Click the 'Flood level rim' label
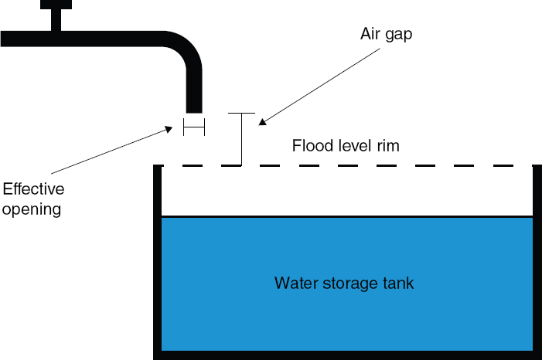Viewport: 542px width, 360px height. coord(346,145)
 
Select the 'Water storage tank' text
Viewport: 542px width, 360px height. coord(344,284)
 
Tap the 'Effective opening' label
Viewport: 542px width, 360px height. coord(33,199)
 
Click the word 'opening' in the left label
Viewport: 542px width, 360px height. coord(32,209)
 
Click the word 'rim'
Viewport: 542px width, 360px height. coord(388,145)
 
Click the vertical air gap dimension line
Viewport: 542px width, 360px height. coord(242,139)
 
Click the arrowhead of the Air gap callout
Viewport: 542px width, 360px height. coord(261,121)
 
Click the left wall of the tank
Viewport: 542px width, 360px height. coord(157,263)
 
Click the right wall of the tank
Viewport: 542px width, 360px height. coord(537,263)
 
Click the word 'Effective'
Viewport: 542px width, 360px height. coord(33,189)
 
